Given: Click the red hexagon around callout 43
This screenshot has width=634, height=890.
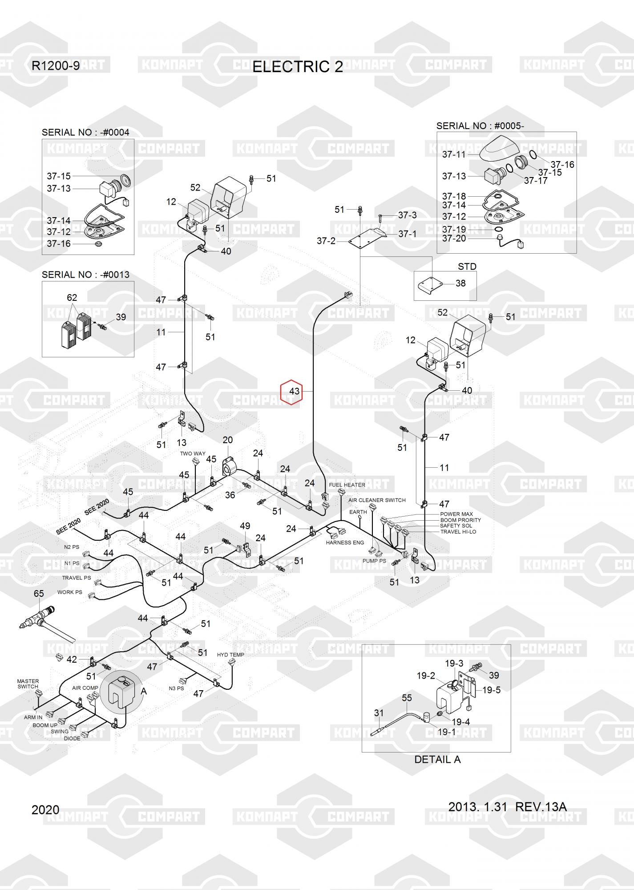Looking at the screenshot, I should [291, 392].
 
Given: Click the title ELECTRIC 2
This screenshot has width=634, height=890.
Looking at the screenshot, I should [298, 67].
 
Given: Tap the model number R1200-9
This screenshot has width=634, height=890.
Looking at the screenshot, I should [56, 66].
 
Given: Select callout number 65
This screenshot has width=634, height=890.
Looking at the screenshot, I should [39, 594].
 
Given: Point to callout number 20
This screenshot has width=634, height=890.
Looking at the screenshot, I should [227, 440].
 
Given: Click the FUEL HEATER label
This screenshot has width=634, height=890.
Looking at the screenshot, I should [347, 485].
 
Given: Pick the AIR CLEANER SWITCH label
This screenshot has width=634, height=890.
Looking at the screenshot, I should [377, 500].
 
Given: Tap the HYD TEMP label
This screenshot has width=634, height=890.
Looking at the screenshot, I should [230, 655].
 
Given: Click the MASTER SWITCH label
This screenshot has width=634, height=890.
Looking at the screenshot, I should [28, 684].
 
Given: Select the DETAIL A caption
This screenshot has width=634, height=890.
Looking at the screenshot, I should [437, 760].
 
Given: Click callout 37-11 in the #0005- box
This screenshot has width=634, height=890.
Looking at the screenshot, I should [454, 155].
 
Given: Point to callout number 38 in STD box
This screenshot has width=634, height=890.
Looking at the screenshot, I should [460, 283].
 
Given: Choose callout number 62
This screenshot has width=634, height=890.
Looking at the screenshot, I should [72, 298].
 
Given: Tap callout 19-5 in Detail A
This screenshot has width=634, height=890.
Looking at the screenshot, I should [492, 690].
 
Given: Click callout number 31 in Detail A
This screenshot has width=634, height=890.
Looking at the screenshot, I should [379, 713].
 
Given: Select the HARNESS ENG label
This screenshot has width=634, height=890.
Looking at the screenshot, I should [345, 542].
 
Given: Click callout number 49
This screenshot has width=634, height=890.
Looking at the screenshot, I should [245, 526].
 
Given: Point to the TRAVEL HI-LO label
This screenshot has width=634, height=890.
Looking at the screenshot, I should [458, 532].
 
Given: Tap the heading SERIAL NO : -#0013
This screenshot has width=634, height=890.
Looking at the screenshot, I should [85, 275].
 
